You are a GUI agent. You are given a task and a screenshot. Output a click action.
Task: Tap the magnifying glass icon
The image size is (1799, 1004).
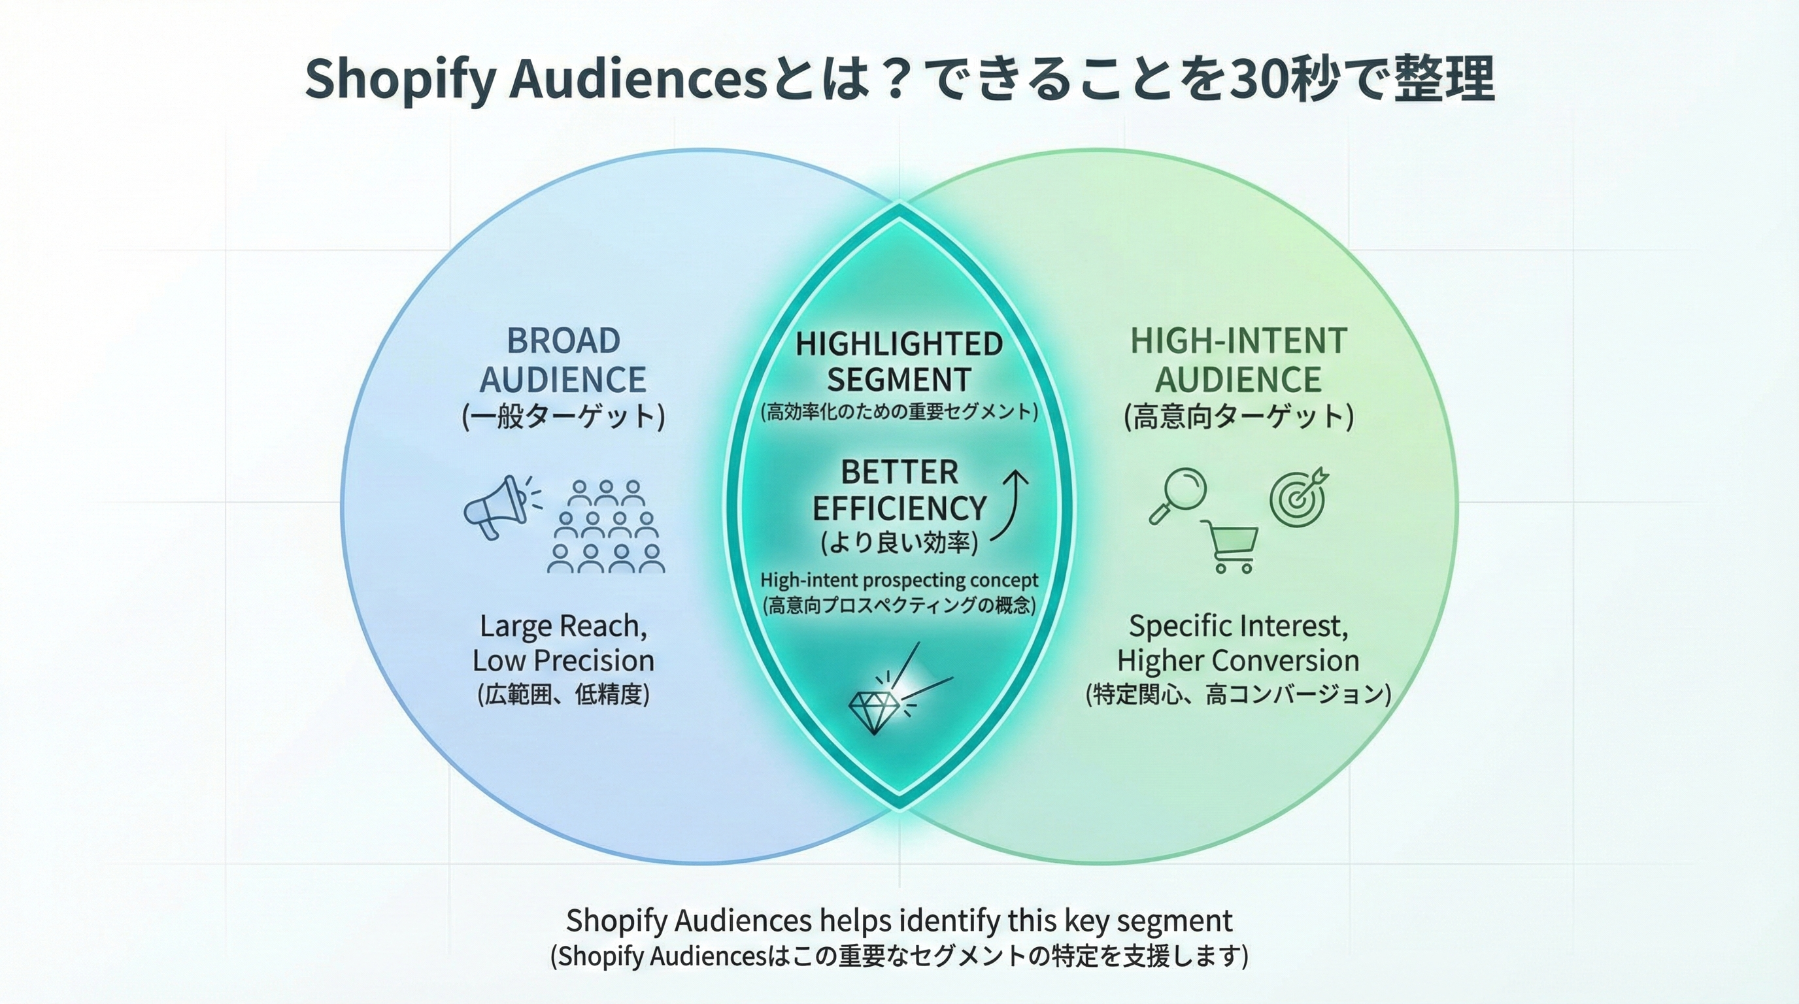coord(1177,495)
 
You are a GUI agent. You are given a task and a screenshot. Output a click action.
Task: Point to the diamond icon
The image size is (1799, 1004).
coord(873,711)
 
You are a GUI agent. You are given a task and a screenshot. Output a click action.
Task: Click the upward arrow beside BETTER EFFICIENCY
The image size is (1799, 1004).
coord(1011,505)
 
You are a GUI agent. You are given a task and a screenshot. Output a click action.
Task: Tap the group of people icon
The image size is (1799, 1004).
coord(605,526)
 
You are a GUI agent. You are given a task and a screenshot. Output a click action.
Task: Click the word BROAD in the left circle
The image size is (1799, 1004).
coord(563,341)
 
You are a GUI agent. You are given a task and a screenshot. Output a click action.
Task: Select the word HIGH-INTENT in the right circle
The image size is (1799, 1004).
coord(1238,341)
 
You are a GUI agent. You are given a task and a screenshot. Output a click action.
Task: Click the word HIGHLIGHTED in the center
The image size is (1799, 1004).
coord(899,344)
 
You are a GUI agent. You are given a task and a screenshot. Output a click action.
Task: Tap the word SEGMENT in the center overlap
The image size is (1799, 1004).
coord(899,380)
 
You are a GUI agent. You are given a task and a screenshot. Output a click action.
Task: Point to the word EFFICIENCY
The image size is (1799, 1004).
coord(899,508)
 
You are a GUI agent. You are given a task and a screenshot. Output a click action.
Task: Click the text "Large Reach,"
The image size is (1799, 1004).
coord(563,626)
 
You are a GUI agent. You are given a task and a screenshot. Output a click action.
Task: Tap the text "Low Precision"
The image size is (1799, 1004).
coord(563,660)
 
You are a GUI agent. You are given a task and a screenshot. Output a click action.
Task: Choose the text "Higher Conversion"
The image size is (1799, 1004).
coord(1238,660)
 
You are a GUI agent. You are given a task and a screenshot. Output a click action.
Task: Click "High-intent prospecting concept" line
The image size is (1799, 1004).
coord(899,580)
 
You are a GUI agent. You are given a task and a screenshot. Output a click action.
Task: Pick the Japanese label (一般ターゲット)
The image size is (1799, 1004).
coord(563,417)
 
